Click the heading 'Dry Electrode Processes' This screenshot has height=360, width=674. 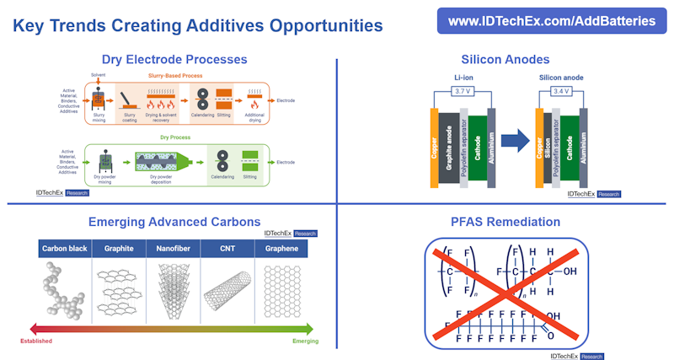174,60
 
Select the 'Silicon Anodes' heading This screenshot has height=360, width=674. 505,60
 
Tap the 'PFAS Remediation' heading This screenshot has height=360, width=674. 505,222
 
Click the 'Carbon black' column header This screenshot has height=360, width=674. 66,249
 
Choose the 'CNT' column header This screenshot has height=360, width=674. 227,249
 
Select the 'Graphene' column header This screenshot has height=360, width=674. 281,249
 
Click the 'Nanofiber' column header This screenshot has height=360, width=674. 174,249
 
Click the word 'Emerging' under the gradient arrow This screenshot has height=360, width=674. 304,341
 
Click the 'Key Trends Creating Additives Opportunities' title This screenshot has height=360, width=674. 198,26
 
